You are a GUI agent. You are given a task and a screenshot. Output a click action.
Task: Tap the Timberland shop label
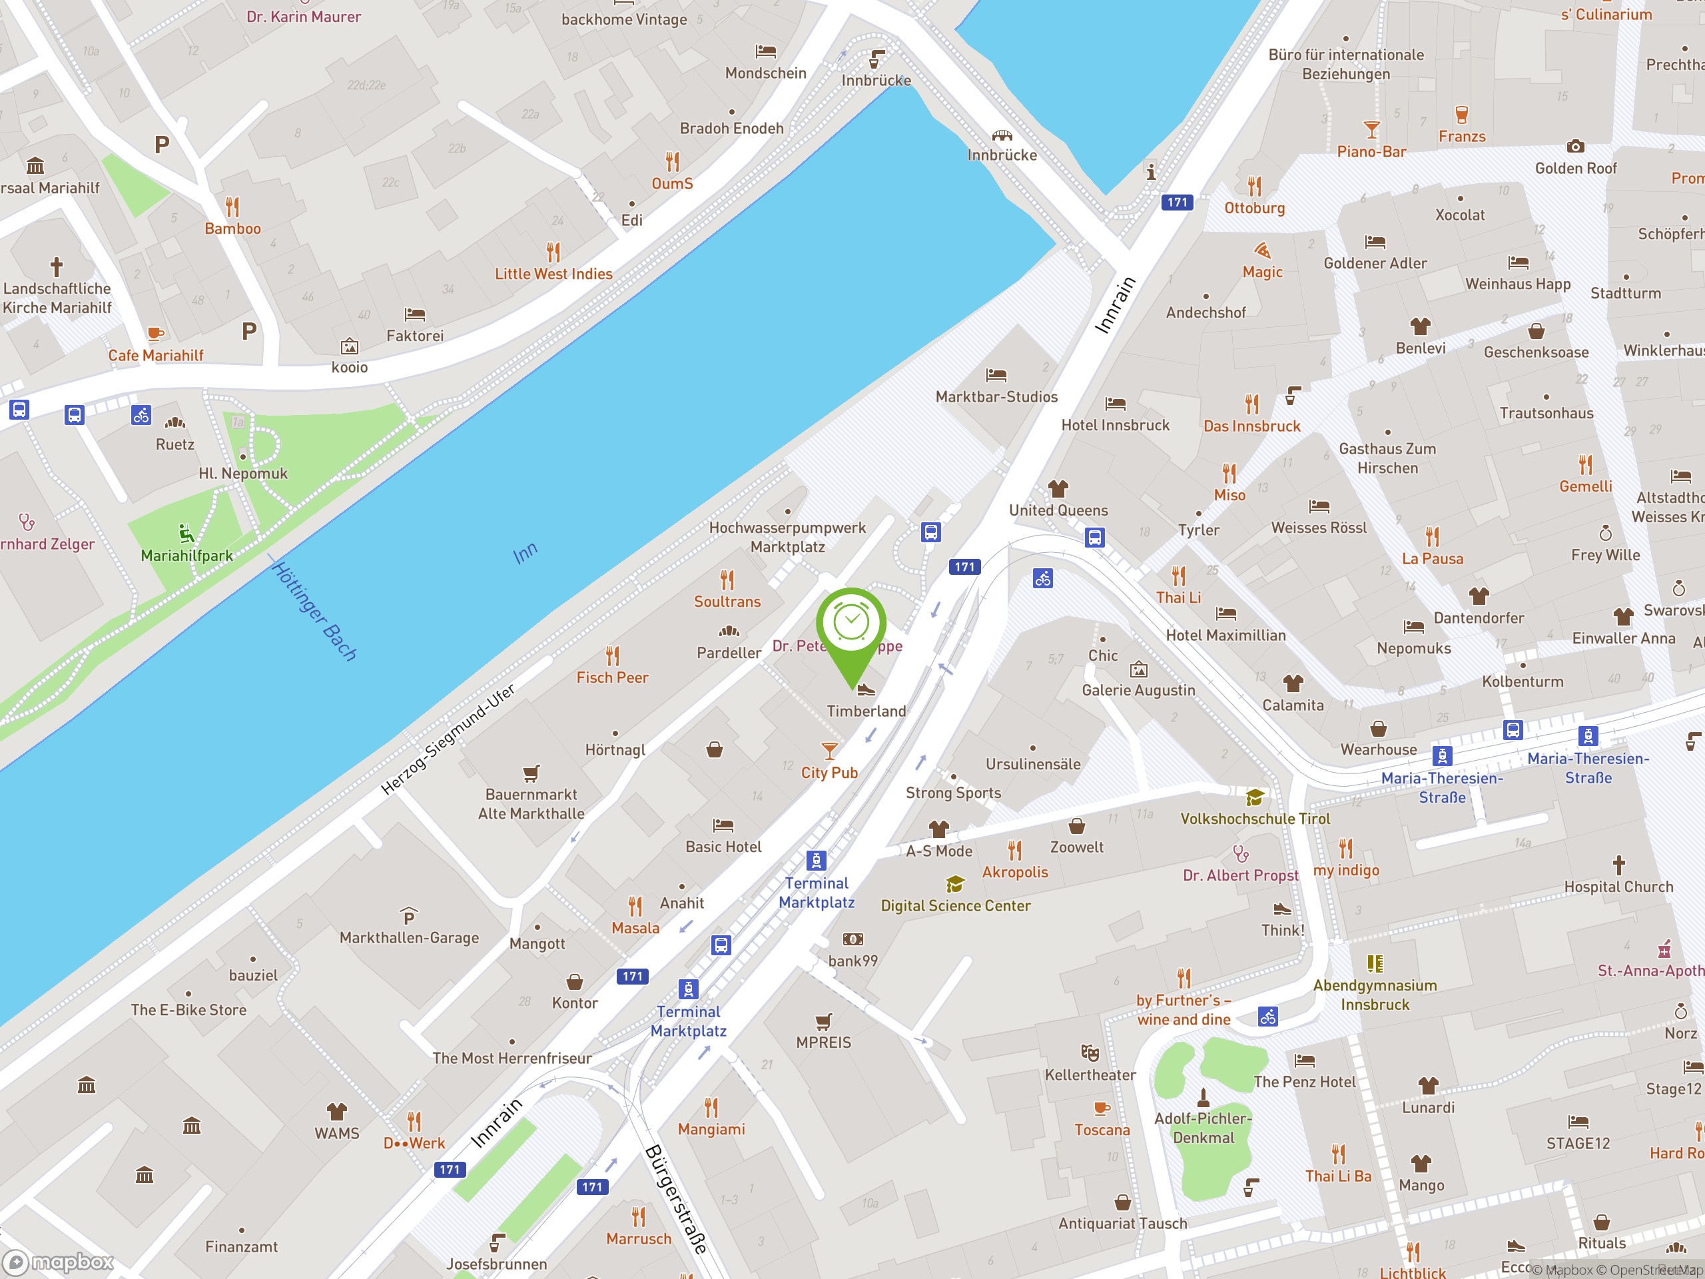pos(866,711)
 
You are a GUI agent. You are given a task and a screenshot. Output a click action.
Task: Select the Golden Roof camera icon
pos(1576,146)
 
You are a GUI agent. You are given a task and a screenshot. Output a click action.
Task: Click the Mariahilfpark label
pos(186,556)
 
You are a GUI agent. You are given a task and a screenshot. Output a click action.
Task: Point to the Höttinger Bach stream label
pos(315,612)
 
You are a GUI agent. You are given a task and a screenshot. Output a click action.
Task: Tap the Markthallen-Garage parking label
pos(410,938)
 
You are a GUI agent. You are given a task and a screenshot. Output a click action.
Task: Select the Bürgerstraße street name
pos(676,1199)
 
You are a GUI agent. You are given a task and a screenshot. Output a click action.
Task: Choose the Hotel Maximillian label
pos(1225,636)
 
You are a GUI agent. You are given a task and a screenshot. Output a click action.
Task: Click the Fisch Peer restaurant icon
pos(612,656)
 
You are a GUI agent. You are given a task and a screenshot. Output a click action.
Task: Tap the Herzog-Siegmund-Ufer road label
pos(448,739)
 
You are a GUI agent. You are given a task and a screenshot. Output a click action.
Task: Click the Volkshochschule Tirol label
pos(1255,819)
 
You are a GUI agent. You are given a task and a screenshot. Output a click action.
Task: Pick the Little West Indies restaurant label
pos(553,274)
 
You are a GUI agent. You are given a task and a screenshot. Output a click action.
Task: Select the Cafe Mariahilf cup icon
pos(155,334)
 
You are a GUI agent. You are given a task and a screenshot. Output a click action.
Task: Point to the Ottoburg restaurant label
pos(1254,208)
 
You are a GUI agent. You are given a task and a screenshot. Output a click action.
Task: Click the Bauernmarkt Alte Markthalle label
pos(531,804)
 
